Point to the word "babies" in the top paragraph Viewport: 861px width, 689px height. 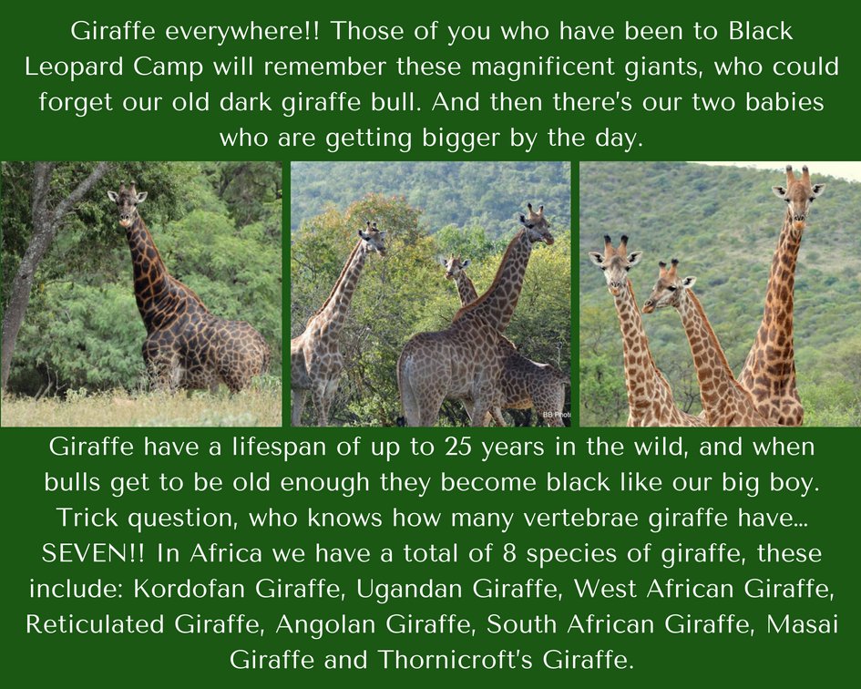(x=781, y=101)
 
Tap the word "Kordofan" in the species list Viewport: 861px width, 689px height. (x=187, y=588)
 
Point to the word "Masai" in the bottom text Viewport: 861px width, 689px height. (x=802, y=623)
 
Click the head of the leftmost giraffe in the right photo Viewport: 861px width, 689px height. (x=613, y=256)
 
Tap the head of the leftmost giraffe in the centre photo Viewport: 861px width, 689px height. (x=373, y=238)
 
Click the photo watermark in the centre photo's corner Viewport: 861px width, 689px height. (x=556, y=415)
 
